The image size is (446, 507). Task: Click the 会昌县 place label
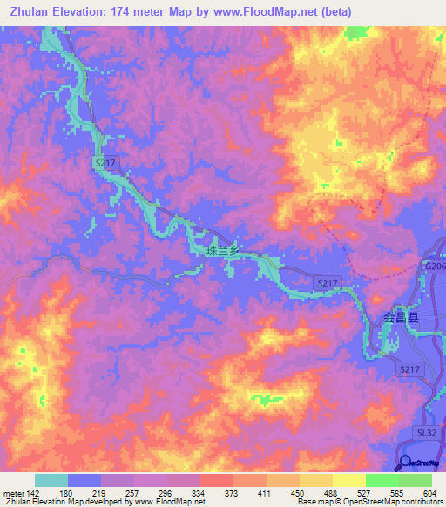pyautogui.click(x=401, y=319)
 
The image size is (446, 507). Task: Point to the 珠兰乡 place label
pyautogui.click(x=222, y=250)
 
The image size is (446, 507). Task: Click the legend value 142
pyautogui.click(x=31, y=492)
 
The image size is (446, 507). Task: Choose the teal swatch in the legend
pyautogui.click(x=51, y=480)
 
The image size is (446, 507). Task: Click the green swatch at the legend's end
pyautogui.click(x=416, y=480)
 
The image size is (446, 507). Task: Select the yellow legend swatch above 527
pyautogui.click(x=349, y=480)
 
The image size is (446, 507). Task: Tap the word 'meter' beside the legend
pyautogui.click(x=12, y=492)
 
